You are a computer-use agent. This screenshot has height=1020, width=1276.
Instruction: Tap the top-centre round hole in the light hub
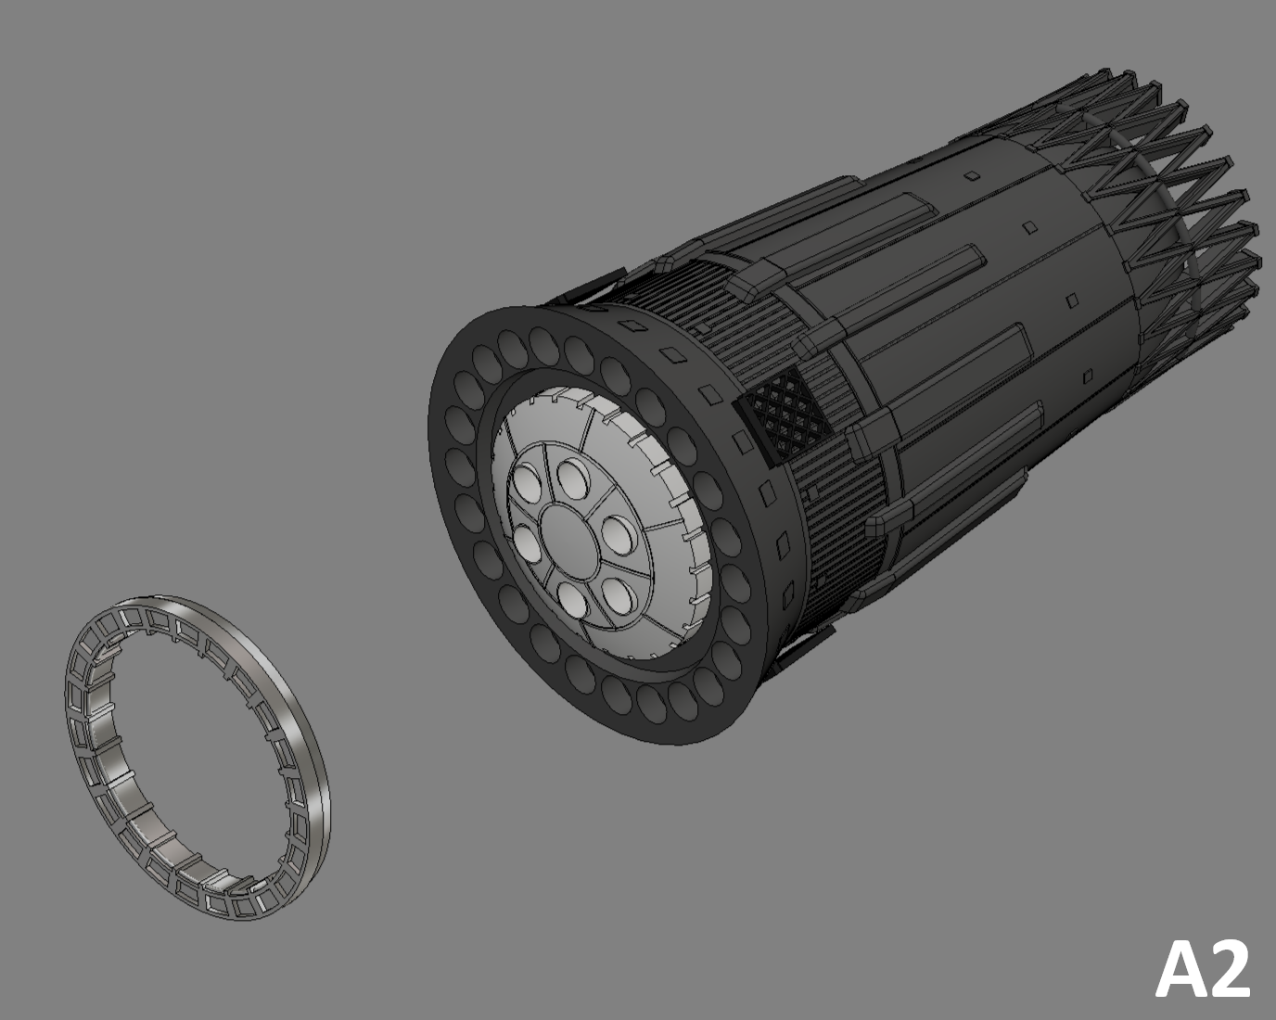coord(571,478)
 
